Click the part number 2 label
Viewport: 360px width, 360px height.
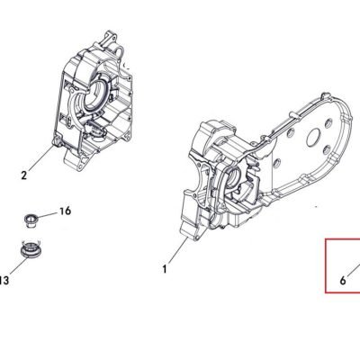(x=24, y=175)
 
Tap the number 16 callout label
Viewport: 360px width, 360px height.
(x=65, y=211)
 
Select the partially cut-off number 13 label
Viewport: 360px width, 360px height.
(x=4, y=281)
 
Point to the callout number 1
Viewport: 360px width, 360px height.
(x=165, y=269)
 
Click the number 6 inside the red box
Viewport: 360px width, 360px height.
(x=343, y=281)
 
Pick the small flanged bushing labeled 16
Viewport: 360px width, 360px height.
(x=30, y=221)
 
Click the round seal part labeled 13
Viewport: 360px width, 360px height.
(x=31, y=249)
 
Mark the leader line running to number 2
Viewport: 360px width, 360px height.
(x=41, y=157)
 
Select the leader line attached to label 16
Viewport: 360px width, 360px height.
(x=46, y=215)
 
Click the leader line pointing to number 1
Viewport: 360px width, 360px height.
(x=178, y=251)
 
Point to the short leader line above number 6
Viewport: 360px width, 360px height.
(x=354, y=269)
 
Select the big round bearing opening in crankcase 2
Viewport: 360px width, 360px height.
(x=94, y=96)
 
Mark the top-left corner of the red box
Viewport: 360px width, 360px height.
(x=326, y=239)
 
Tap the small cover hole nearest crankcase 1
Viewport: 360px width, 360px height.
(x=276, y=162)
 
